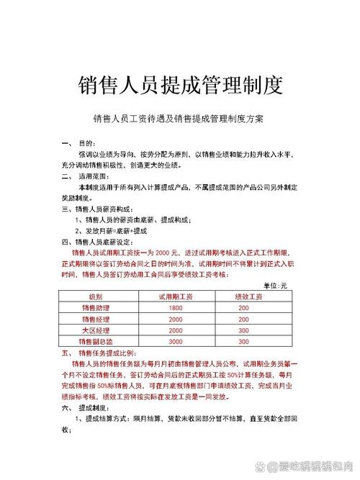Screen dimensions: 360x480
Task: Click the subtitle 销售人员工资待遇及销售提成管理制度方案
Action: (179, 118)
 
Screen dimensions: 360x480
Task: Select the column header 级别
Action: (96, 296)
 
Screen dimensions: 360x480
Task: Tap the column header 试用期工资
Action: (176, 296)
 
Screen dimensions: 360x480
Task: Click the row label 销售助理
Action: (96, 307)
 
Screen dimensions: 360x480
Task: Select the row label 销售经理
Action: (96, 318)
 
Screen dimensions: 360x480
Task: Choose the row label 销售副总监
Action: (96, 340)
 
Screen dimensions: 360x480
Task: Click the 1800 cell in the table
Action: (176, 307)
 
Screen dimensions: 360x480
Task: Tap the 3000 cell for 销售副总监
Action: (176, 340)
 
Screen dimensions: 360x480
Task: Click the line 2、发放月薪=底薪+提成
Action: (112, 231)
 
